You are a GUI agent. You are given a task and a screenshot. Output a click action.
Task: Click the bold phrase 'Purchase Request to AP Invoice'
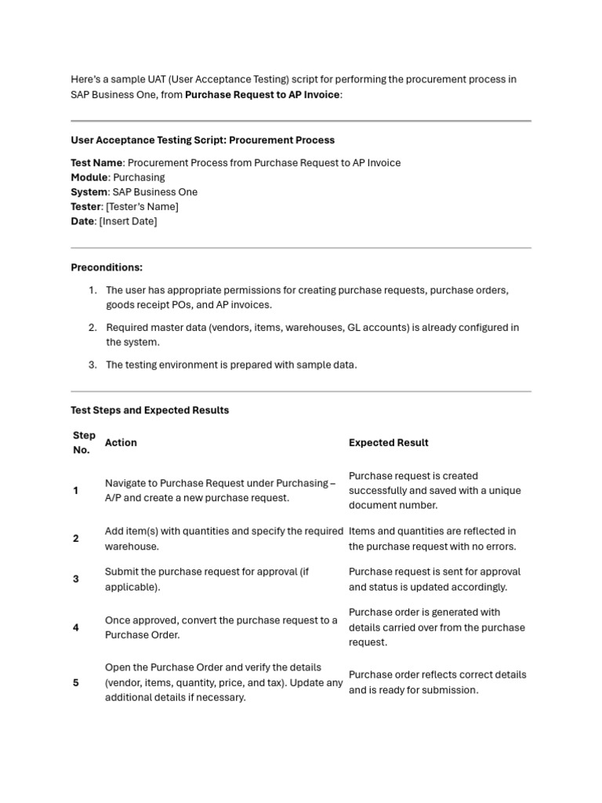(x=263, y=95)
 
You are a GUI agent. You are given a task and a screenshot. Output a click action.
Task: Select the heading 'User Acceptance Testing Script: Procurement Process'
(x=202, y=140)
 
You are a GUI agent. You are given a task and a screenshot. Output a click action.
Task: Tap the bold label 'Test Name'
(x=96, y=163)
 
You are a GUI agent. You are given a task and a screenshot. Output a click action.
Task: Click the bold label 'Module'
(x=89, y=177)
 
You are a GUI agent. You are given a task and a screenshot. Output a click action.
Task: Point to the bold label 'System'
(x=89, y=192)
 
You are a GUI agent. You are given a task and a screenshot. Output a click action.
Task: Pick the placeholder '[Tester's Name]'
(x=142, y=207)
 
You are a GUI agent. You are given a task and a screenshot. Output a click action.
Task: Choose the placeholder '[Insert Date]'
(x=128, y=221)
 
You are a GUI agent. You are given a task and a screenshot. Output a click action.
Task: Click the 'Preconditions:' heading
(x=107, y=267)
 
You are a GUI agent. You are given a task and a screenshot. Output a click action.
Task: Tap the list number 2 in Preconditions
(x=92, y=328)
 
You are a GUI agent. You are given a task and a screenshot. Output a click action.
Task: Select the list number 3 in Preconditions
(x=92, y=365)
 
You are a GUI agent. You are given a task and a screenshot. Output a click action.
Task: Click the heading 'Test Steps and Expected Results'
(x=150, y=410)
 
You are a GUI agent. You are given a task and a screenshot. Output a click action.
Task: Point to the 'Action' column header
(x=121, y=443)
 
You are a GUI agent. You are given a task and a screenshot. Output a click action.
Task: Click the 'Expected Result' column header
(x=388, y=443)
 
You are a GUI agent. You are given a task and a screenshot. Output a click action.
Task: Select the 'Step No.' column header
(x=84, y=443)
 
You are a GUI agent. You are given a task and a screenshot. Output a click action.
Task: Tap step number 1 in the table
(x=76, y=491)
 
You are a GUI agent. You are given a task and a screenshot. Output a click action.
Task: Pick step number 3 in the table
(x=76, y=580)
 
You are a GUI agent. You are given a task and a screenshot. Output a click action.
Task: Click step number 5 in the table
(x=76, y=683)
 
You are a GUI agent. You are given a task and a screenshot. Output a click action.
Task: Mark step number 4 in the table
(x=76, y=627)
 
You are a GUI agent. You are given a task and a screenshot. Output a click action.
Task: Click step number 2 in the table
(x=76, y=539)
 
